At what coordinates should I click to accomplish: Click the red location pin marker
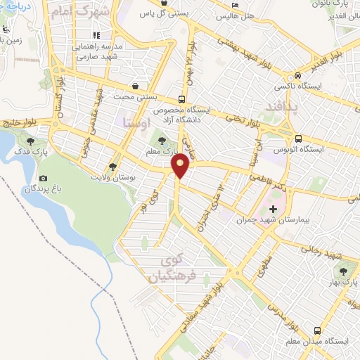click(x=181, y=166)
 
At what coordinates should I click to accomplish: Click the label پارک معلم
click(x=158, y=150)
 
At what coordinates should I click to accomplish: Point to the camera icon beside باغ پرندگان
click(x=44, y=179)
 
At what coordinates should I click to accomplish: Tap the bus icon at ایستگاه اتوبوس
click(x=300, y=139)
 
